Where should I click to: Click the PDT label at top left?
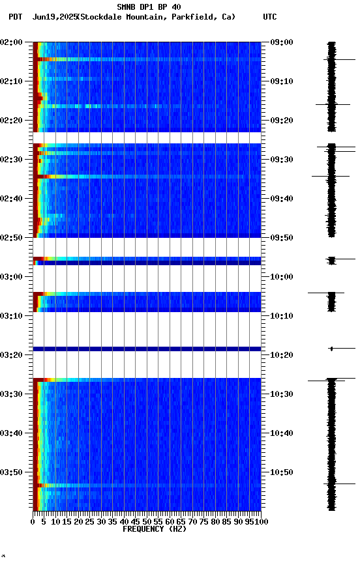(16, 17)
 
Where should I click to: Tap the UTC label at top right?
(270, 17)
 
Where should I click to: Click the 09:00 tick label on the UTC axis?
(281, 42)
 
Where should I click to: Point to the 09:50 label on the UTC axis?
(281, 238)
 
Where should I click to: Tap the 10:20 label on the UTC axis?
(281, 355)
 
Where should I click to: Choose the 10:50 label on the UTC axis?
(281, 472)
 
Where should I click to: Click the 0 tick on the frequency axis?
(33, 521)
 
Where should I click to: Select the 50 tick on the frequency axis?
(147, 521)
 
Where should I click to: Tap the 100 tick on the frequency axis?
(261, 521)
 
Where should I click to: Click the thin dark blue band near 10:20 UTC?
(147, 349)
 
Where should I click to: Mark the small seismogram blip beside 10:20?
(331, 349)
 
